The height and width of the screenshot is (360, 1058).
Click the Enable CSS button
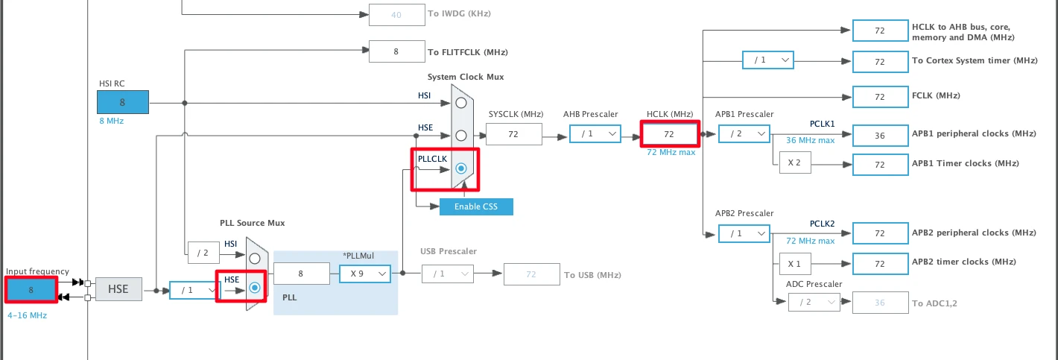(476, 206)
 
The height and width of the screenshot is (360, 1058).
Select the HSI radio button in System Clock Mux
(461, 102)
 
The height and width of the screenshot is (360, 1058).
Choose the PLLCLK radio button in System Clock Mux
(461, 168)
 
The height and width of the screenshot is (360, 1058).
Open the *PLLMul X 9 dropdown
(365, 274)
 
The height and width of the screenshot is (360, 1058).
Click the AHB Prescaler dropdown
(595, 133)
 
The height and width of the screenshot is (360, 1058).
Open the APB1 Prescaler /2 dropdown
(744, 133)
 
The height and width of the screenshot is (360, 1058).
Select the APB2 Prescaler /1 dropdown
(744, 233)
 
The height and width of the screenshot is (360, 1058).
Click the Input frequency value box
(31, 289)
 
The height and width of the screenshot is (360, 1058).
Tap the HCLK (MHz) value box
(669, 134)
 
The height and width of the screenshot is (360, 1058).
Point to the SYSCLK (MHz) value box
(513, 134)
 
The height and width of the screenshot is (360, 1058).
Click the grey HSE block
(118, 289)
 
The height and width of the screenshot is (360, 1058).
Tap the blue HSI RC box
(122, 102)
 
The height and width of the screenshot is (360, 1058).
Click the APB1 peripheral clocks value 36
(880, 135)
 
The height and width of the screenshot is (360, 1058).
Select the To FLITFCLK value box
(396, 51)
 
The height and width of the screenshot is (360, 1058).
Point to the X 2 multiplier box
(795, 163)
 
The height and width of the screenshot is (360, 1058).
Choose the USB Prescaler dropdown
(447, 274)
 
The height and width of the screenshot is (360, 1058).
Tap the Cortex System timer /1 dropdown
(767, 60)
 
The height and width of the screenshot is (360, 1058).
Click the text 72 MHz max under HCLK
(671, 152)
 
